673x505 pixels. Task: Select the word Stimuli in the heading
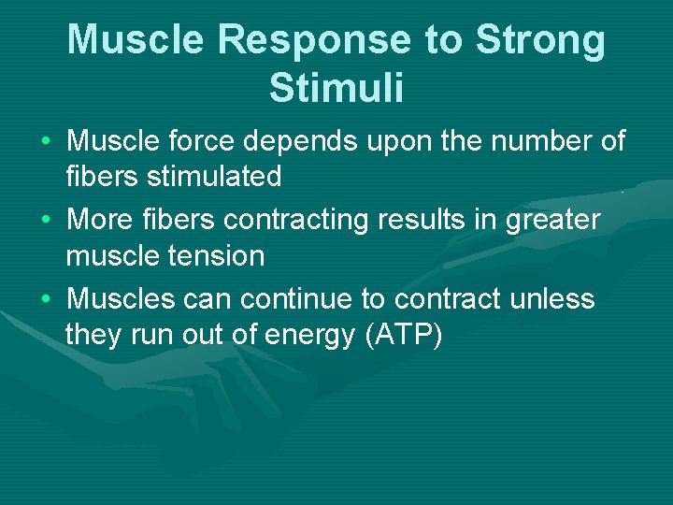pos(336,88)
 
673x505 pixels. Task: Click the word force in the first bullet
pos(208,142)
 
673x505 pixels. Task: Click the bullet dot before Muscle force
pos(46,143)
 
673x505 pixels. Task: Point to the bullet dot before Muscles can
pos(46,300)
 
